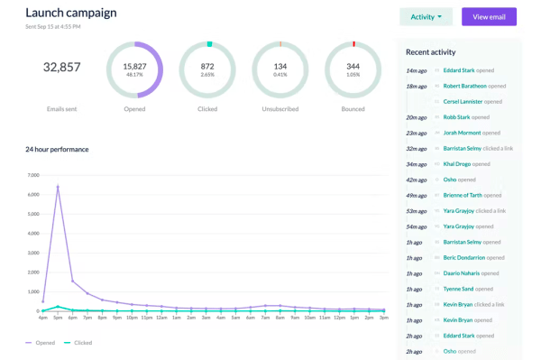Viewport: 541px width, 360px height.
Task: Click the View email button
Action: pos(489,17)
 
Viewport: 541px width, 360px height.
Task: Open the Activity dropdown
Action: pos(426,17)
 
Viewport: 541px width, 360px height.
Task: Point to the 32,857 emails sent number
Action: pos(61,67)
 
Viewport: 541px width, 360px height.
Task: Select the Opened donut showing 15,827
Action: pos(134,69)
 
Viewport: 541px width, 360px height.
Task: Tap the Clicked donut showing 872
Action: pos(207,69)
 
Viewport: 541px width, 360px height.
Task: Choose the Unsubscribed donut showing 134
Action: pos(280,69)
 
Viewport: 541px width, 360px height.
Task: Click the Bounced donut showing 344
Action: pos(353,69)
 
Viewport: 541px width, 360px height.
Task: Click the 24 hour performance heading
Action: pos(57,149)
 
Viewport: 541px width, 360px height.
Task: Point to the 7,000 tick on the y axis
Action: pos(32,175)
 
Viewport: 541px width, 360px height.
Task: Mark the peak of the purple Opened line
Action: pos(58,187)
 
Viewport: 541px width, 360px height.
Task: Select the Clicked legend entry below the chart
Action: pos(79,343)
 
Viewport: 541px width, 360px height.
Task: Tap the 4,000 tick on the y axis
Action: pos(32,234)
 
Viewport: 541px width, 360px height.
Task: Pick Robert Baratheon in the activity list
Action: pos(464,86)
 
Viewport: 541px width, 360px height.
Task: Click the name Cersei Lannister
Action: pos(464,101)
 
